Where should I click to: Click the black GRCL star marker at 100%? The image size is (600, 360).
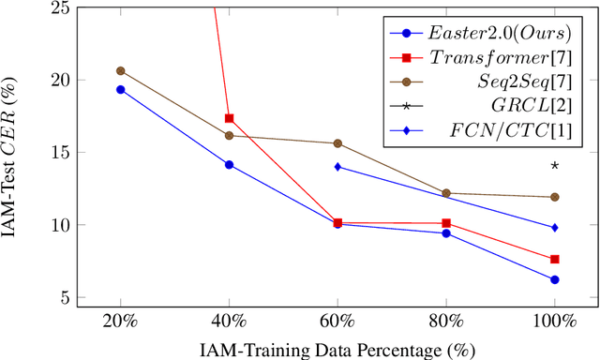pos(554,167)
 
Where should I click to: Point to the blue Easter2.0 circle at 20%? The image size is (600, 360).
pos(120,89)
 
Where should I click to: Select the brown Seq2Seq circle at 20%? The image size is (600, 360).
pos(120,70)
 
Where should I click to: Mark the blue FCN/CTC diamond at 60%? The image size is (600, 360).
pos(337,167)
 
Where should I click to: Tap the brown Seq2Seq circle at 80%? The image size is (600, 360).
pos(446,193)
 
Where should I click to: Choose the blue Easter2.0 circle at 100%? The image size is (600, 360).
pos(554,279)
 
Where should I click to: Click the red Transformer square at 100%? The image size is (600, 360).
pos(554,259)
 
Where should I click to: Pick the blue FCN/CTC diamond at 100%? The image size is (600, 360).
pos(554,227)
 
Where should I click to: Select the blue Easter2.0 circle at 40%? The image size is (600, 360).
pos(229,164)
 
